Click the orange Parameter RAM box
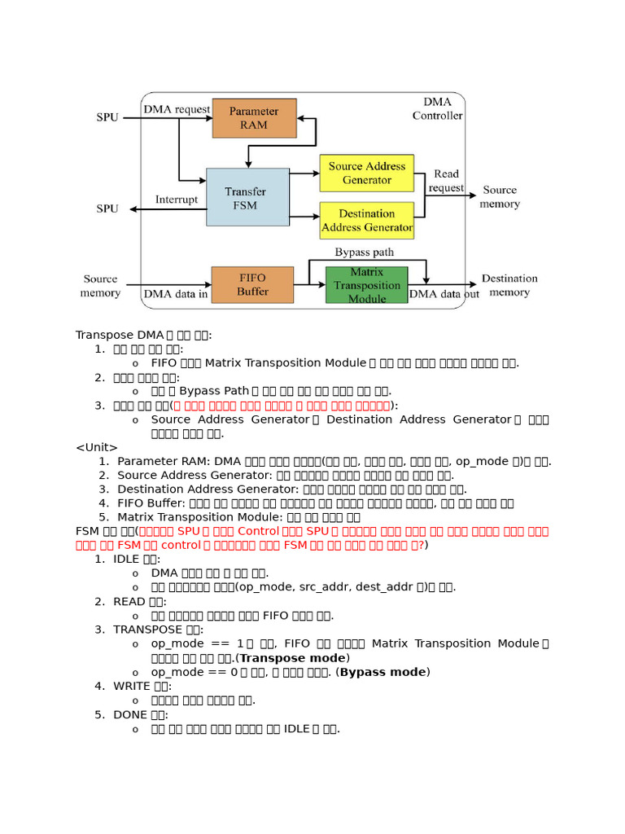(x=254, y=118)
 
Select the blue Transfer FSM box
(x=247, y=197)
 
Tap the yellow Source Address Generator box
(x=366, y=173)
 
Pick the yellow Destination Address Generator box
(x=366, y=220)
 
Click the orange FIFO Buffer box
(x=252, y=284)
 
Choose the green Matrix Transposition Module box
(x=366, y=285)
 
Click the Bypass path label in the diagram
(x=364, y=252)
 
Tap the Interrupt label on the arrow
(x=177, y=200)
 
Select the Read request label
(x=446, y=181)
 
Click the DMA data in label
(x=176, y=294)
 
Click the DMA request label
(x=176, y=109)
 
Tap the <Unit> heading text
(x=97, y=447)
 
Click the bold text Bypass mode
(x=383, y=672)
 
